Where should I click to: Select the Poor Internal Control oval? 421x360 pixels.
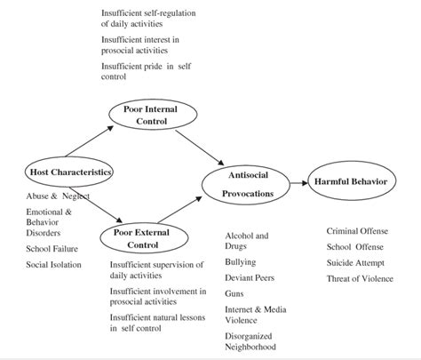tap(144, 115)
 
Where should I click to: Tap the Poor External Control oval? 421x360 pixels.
tap(140, 238)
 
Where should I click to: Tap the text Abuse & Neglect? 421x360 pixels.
tap(59, 196)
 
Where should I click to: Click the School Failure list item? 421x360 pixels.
tap(53, 248)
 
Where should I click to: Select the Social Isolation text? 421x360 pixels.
tap(54, 264)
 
